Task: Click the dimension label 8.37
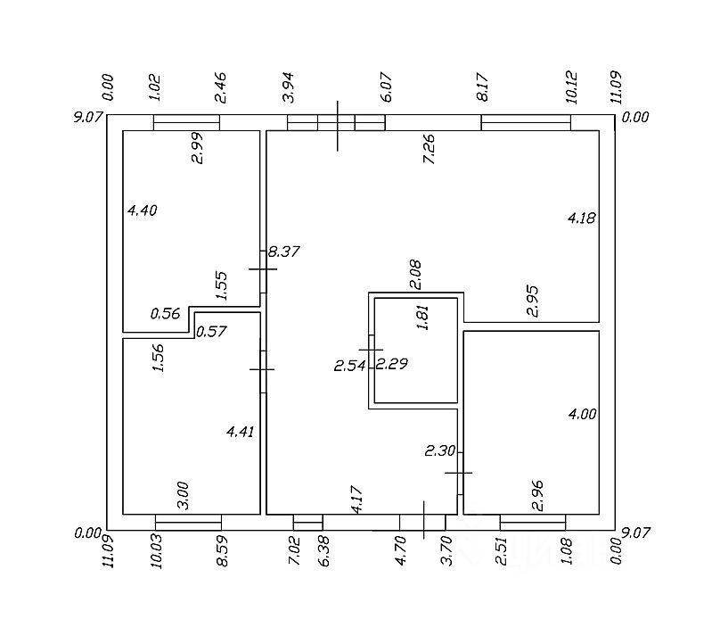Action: pos(283,252)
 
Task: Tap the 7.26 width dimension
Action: pos(429,149)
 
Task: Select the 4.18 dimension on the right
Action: pos(582,219)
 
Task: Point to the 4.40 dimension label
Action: pos(142,211)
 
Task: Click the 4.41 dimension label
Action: pos(241,432)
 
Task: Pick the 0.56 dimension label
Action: pos(165,314)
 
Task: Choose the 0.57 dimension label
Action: pos(211,331)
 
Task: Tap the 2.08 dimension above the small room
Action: pos(415,275)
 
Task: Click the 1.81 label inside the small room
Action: pos(422,318)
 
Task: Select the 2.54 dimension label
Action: pos(349,366)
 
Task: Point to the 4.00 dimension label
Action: pos(583,414)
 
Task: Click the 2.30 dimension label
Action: pos(440,450)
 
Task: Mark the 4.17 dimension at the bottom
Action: pos(357,500)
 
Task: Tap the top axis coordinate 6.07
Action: pos(387,87)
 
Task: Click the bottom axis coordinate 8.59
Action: pos(222,551)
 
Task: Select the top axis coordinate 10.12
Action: pos(572,87)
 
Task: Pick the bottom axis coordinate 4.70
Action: pos(400,550)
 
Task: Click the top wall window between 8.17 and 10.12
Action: pos(526,123)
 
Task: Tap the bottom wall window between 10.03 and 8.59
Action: pos(188,522)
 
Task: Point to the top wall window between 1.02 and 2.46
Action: pos(186,123)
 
